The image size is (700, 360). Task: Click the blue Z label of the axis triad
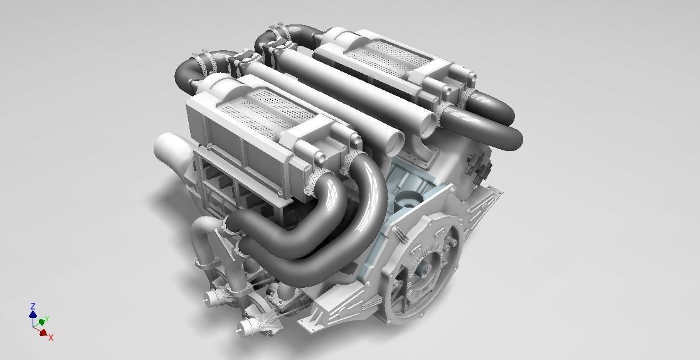(33, 306)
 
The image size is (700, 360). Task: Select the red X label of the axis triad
(51, 337)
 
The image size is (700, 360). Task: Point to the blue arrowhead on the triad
(33, 313)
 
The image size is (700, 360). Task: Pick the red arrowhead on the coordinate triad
(43, 332)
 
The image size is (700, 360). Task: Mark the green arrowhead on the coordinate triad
(41, 322)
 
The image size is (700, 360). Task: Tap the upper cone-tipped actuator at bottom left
(214, 296)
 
